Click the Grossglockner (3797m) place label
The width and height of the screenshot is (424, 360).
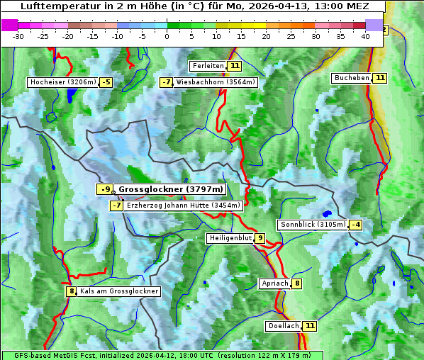[170, 189]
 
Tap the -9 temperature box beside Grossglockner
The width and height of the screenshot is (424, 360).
[104, 189]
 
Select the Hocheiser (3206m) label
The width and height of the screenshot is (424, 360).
[63, 82]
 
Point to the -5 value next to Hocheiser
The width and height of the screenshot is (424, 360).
[106, 82]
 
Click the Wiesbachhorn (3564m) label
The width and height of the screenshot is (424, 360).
[216, 82]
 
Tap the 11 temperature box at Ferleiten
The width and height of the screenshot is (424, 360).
[235, 66]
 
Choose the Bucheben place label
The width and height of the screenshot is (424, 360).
[352, 77]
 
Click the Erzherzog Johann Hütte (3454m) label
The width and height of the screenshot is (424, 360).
[184, 206]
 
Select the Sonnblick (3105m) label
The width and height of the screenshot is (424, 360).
[313, 225]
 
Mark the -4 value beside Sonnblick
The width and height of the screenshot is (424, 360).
[356, 225]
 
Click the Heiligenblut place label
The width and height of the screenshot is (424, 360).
[230, 238]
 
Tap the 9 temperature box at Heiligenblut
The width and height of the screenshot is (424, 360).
[260, 238]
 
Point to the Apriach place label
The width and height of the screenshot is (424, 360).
[275, 283]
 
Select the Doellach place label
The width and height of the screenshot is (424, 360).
[284, 326]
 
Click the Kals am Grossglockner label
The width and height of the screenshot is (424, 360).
[119, 291]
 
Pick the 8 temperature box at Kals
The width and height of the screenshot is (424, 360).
[71, 291]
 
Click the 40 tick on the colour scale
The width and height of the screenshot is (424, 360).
[365, 36]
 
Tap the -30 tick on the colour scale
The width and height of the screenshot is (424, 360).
[18, 36]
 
